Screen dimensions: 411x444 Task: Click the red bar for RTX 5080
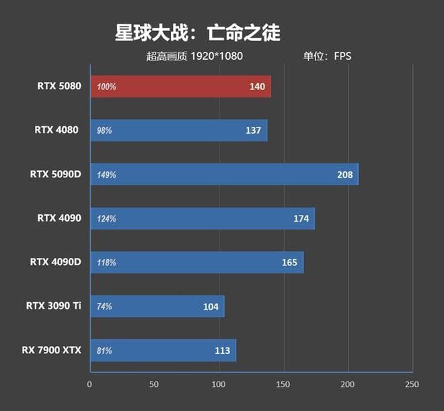tap(180, 87)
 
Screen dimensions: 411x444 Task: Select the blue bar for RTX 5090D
tap(224, 175)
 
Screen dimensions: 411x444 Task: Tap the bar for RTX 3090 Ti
tap(157, 306)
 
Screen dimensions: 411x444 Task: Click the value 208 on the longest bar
tap(345, 175)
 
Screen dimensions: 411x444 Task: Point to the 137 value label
tap(253, 130)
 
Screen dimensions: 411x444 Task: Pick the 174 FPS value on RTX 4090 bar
tap(301, 218)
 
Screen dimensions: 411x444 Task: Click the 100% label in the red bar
tap(107, 87)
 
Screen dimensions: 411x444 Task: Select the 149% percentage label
tap(107, 175)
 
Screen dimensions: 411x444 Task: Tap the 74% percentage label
tap(104, 306)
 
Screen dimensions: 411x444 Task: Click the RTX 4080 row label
tap(58, 130)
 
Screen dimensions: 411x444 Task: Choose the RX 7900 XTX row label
tap(51, 350)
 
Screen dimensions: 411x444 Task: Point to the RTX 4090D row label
tap(55, 262)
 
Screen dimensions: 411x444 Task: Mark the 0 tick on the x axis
tap(89, 384)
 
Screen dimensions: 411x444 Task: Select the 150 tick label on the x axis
tap(283, 384)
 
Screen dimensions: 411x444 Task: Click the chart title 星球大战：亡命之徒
tap(197, 32)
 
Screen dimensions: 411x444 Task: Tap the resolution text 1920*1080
tap(217, 56)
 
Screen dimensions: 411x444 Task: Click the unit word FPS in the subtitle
tap(342, 56)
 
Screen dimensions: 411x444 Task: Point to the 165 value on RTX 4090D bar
tap(289, 263)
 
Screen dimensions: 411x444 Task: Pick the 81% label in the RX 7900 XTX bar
tap(104, 351)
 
